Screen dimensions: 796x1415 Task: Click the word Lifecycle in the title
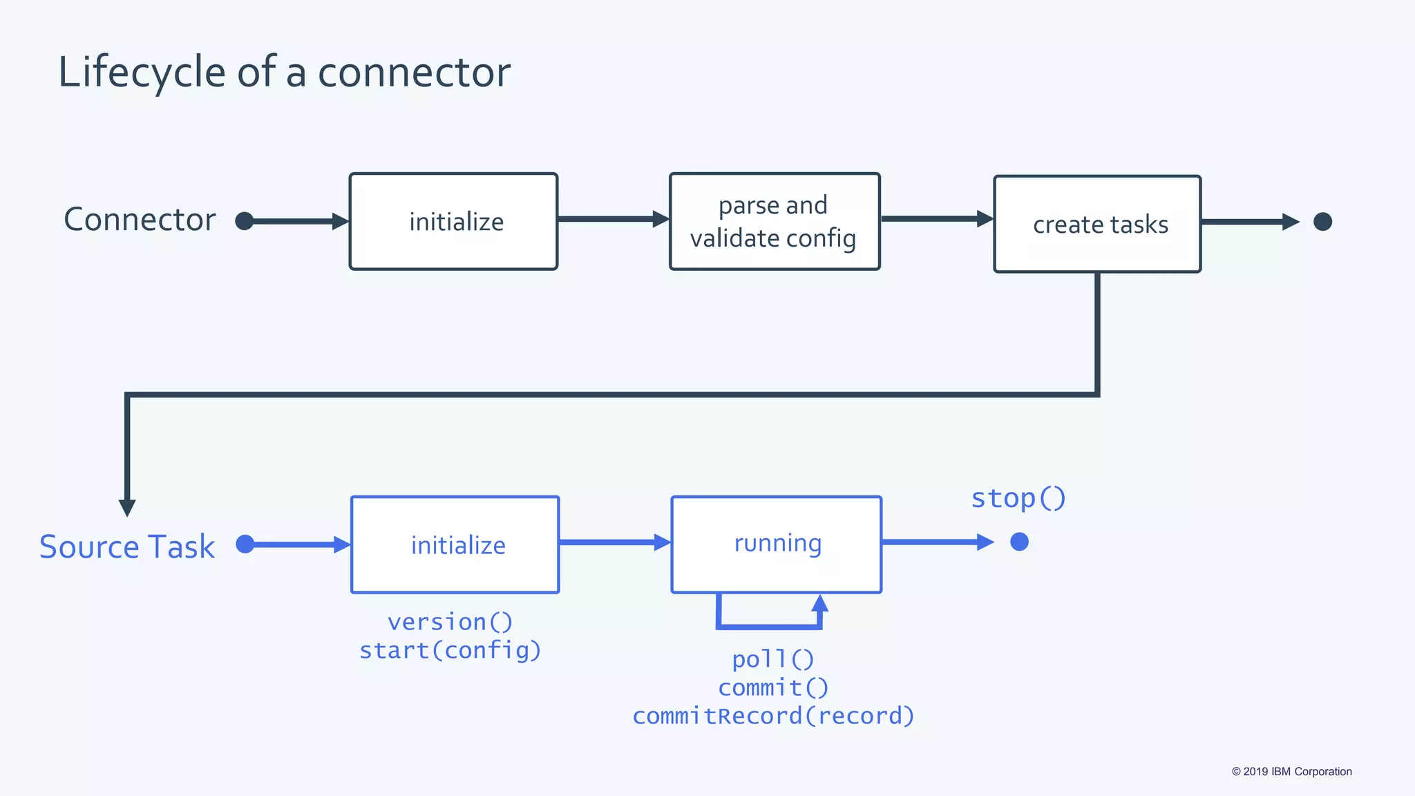142,73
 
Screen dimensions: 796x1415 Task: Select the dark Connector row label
140,220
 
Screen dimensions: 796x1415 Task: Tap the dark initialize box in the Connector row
453,221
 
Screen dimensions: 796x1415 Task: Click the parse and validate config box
775,221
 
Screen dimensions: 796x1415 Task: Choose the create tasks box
1097,224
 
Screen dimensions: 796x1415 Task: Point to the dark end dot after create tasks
1322,222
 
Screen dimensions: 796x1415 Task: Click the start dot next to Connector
244,221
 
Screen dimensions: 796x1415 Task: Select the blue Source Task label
127,547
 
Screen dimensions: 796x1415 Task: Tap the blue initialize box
455,544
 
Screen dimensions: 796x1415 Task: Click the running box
776,544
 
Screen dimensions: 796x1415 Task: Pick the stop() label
1018,498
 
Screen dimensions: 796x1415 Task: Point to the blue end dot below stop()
1019,542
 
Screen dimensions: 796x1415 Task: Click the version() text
450,622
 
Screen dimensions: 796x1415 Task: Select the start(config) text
450,650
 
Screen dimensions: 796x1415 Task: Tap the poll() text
773,659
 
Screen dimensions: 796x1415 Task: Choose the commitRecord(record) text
773,716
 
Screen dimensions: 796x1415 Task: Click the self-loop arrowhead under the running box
819,603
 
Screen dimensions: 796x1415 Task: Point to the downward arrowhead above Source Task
127,508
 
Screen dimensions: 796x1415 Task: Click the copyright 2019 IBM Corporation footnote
1291,772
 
